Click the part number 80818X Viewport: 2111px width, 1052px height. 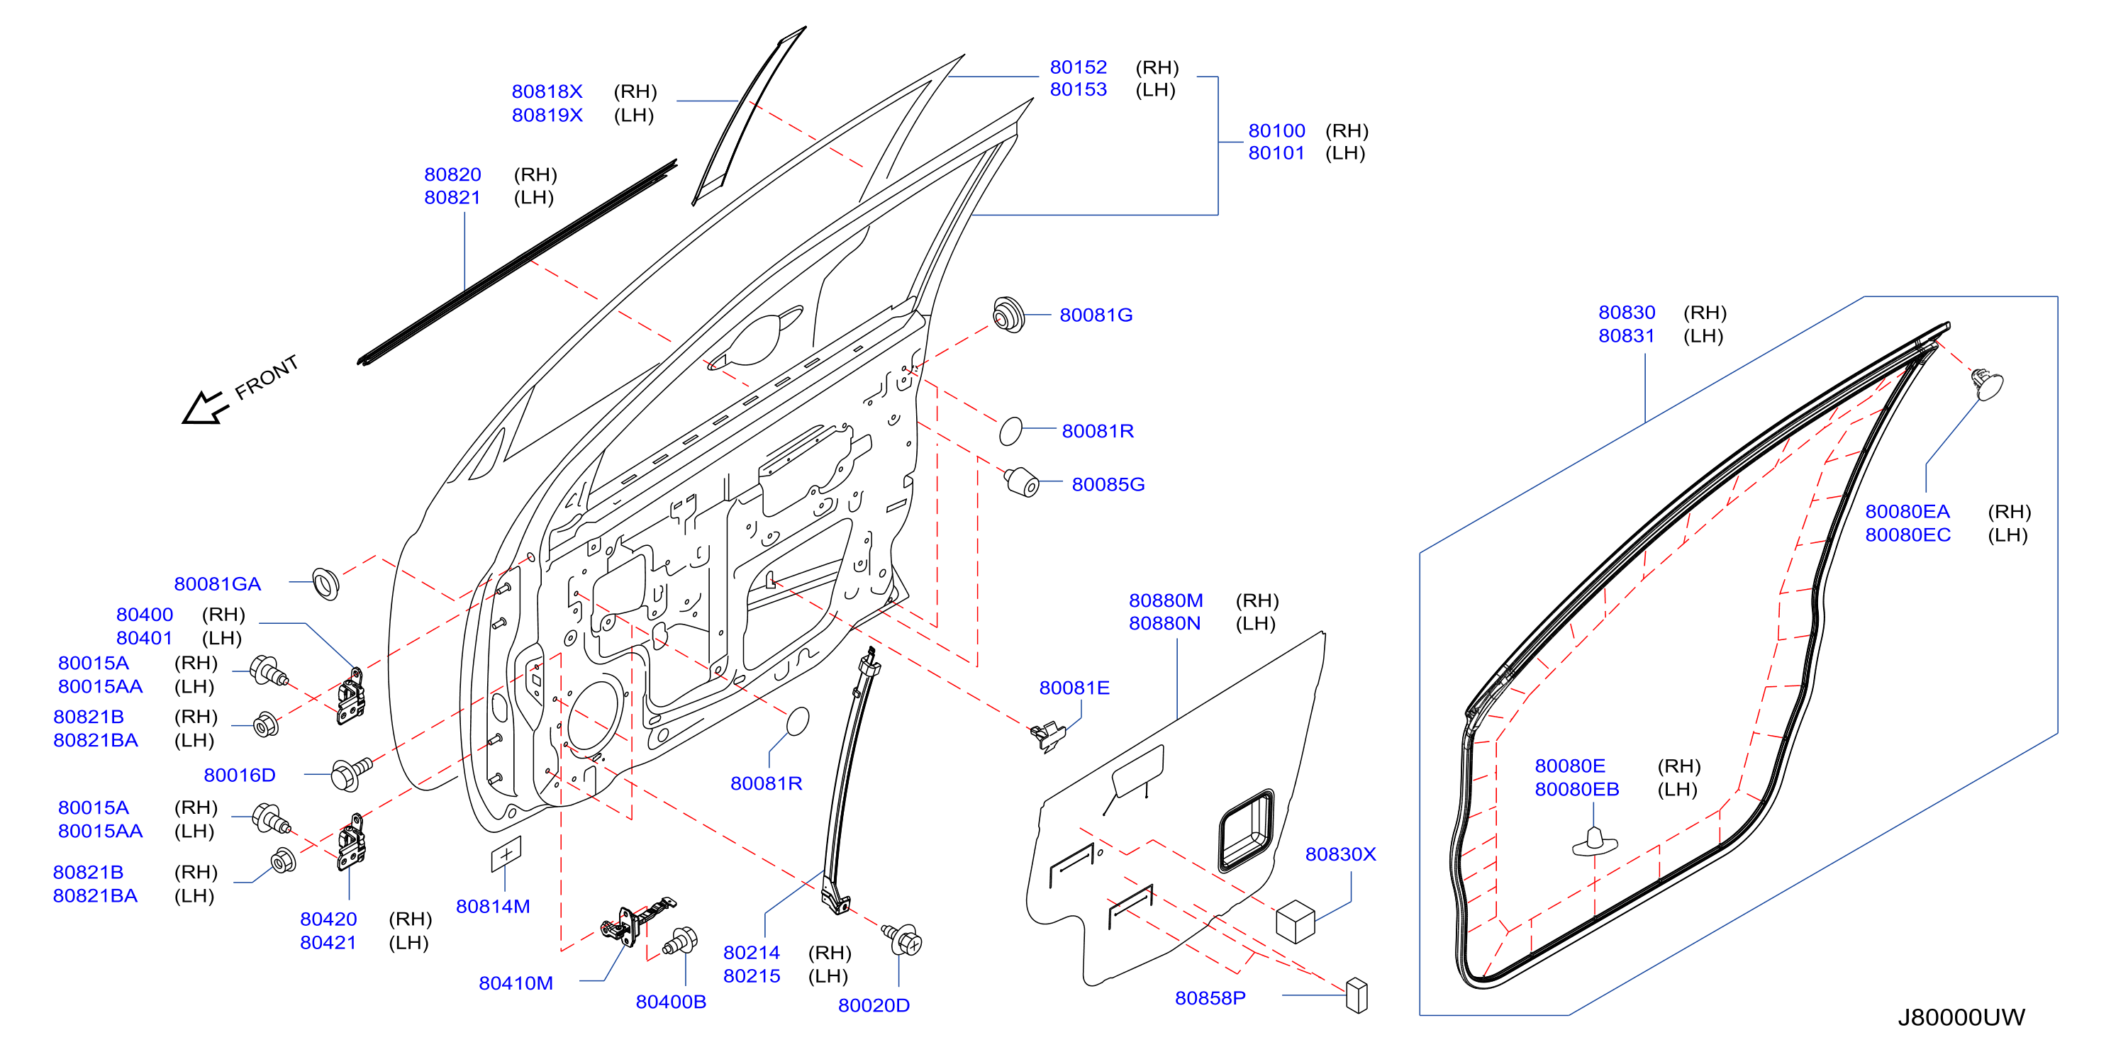547,91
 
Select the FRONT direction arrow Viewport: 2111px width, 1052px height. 205,407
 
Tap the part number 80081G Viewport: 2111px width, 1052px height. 1096,315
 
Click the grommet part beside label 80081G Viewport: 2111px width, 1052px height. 1008,315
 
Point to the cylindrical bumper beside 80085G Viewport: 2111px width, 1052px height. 1022,482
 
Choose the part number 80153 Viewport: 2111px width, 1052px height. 1078,90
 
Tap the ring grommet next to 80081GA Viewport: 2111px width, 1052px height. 325,583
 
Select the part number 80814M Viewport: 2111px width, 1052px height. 493,907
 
